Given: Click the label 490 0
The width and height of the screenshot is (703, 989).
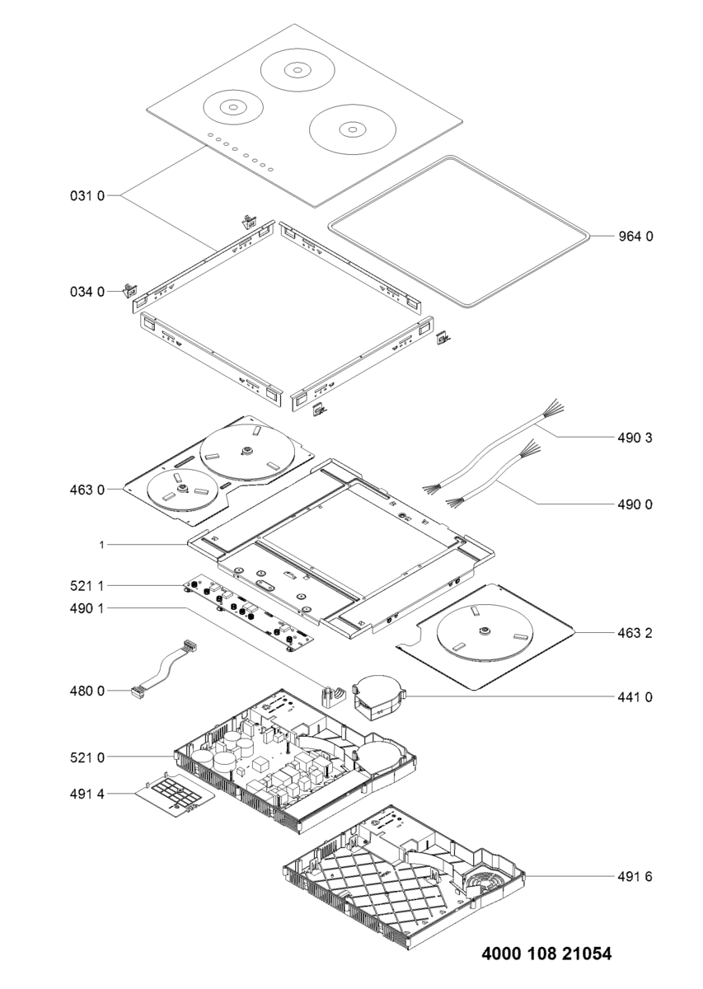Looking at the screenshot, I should coord(635,504).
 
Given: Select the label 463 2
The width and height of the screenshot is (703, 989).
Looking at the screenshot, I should coord(635,633).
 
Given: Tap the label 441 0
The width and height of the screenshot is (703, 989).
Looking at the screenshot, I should coord(635,697).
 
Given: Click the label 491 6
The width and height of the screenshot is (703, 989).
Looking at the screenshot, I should coord(635,876).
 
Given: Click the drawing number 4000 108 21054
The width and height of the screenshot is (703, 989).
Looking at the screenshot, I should coord(546,954).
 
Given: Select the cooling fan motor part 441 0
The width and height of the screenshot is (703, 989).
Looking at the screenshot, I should coord(377,696).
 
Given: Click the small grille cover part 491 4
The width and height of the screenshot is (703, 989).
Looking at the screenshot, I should coord(176,797).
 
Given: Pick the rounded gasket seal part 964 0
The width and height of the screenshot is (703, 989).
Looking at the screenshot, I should coord(460,231).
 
